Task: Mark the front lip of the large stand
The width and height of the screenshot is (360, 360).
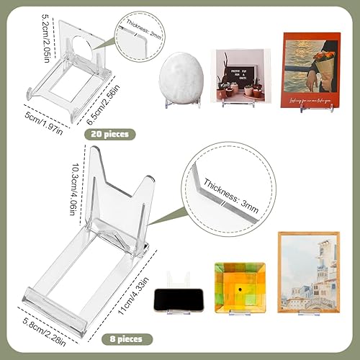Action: (x=79, y=297)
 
